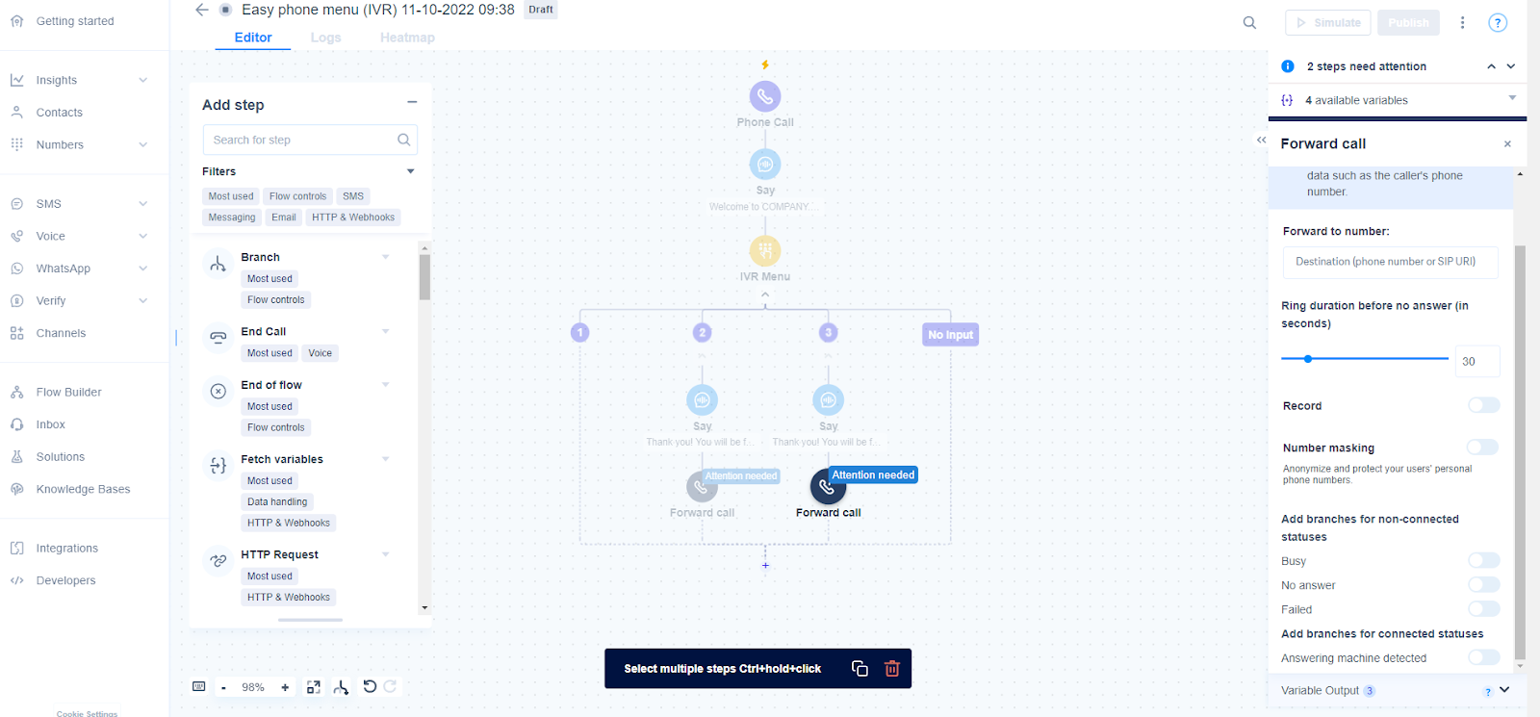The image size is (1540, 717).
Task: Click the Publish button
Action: point(1408,23)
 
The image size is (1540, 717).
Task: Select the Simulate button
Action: point(1327,23)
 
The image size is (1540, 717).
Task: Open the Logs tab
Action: point(325,38)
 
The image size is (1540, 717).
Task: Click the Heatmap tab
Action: point(407,38)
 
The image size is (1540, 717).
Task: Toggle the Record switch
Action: point(1483,405)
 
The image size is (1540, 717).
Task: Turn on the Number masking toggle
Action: point(1482,448)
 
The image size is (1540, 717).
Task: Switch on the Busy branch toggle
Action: point(1483,560)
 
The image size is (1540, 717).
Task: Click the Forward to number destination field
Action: point(1390,262)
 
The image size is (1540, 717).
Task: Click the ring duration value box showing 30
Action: point(1476,361)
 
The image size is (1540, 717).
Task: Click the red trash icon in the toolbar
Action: point(892,669)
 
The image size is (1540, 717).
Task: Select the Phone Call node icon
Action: point(765,96)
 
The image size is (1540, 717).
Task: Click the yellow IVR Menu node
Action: point(765,251)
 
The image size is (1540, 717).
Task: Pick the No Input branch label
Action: point(950,335)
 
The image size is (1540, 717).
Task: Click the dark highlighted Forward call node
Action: point(828,488)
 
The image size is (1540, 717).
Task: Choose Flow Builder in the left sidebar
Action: point(68,393)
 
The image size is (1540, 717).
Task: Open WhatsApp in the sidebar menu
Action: point(64,269)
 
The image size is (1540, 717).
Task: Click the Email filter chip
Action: point(284,218)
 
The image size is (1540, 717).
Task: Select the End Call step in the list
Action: point(264,332)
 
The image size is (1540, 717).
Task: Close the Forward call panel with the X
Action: point(1507,144)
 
